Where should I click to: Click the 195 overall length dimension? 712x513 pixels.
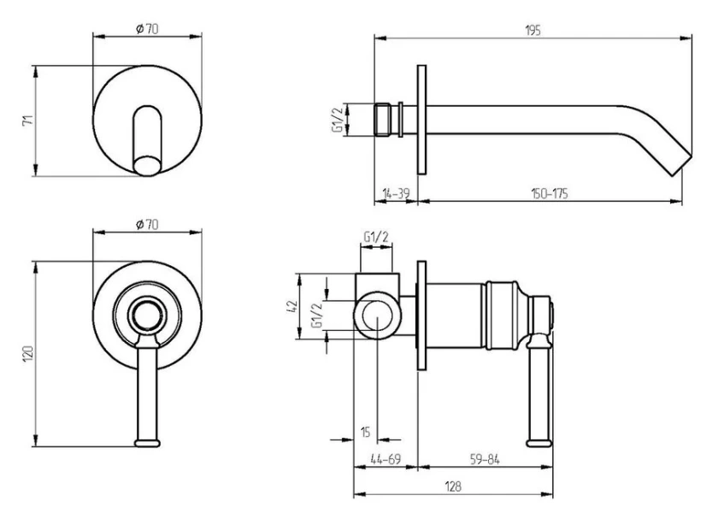point(533,30)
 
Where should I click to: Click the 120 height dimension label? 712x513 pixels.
point(26,352)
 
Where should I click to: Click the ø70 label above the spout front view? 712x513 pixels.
point(147,30)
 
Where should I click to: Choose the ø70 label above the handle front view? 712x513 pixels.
point(147,225)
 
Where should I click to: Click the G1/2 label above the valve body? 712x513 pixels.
point(377,236)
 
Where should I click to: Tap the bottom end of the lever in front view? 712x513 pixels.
point(148,442)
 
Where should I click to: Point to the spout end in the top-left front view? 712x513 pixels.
point(149,163)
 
